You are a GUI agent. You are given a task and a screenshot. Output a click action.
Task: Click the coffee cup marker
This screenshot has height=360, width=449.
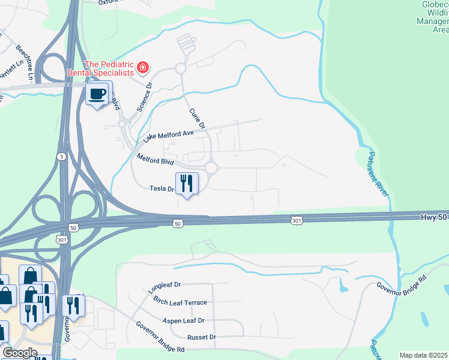click(99, 94)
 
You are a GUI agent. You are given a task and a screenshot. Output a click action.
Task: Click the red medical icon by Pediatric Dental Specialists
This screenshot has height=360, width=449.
click(143, 67)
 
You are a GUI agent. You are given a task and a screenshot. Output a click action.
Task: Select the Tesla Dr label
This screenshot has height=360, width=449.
click(161, 188)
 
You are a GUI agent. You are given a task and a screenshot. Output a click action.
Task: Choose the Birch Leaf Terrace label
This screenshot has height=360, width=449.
click(179, 302)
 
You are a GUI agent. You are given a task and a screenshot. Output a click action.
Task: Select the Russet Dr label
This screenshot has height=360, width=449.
click(201, 337)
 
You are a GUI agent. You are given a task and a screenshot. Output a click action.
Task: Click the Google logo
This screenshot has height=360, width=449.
click(19, 353)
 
